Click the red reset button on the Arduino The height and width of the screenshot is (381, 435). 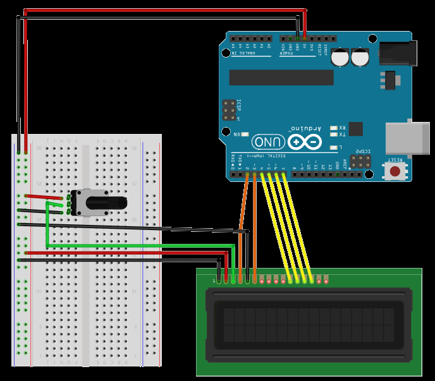pos(395,171)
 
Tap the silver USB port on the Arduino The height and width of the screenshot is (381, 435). pos(408,137)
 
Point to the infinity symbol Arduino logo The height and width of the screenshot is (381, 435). pos(304,142)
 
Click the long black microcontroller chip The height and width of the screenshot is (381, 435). pos(281,77)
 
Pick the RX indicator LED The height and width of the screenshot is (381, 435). pos(334,128)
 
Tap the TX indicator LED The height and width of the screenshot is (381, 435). pos(334,135)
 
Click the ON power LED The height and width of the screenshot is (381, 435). pos(245,135)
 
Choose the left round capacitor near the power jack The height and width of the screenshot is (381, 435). pos(341,57)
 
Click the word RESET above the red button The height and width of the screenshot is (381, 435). pos(395,160)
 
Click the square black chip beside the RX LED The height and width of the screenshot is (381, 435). pos(355,129)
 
